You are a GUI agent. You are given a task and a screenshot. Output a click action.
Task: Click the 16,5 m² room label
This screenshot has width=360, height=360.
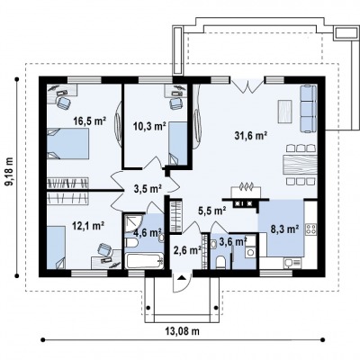click(90, 121)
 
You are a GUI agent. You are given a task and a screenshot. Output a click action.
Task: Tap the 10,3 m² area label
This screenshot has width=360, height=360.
click(149, 126)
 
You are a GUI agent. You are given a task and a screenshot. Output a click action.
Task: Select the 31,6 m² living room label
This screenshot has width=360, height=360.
click(251, 135)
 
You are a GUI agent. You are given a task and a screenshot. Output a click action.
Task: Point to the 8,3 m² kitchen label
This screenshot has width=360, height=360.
click(284, 229)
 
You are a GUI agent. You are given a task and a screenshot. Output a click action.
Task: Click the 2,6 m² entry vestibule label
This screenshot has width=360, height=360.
click(187, 249)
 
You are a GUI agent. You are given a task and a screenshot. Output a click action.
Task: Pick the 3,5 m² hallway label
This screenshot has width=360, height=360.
click(148, 188)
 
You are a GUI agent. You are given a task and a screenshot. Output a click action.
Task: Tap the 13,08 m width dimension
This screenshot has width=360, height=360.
click(182, 331)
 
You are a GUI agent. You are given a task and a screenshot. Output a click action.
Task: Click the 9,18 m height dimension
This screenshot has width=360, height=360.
click(11, 175)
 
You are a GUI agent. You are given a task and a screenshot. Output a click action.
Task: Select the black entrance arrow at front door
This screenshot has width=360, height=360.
click(181, 277)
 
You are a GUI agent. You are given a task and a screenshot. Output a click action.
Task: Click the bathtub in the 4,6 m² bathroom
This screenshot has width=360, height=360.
click(145, 262)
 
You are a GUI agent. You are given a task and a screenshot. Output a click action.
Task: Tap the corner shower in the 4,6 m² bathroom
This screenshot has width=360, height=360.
click(133, 223)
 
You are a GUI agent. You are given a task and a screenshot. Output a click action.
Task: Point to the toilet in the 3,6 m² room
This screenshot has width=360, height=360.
click(221, 263)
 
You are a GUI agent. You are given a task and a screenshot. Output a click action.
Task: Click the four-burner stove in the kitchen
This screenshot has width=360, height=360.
click(310, 229)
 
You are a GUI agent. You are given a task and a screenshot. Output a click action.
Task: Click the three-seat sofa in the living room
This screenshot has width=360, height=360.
click(309, 108)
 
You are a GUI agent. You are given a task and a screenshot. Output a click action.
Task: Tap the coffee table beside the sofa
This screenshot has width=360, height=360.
click(285, 112)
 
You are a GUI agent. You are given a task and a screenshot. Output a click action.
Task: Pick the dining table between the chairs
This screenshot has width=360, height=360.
click(300, 165)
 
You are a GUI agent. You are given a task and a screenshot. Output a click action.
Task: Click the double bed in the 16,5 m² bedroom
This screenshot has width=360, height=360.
click(68, 143)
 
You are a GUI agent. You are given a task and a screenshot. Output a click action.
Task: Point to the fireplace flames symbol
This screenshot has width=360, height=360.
click(247, 186)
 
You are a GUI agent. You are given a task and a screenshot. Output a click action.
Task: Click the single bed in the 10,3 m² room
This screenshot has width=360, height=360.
click(177, 143)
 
